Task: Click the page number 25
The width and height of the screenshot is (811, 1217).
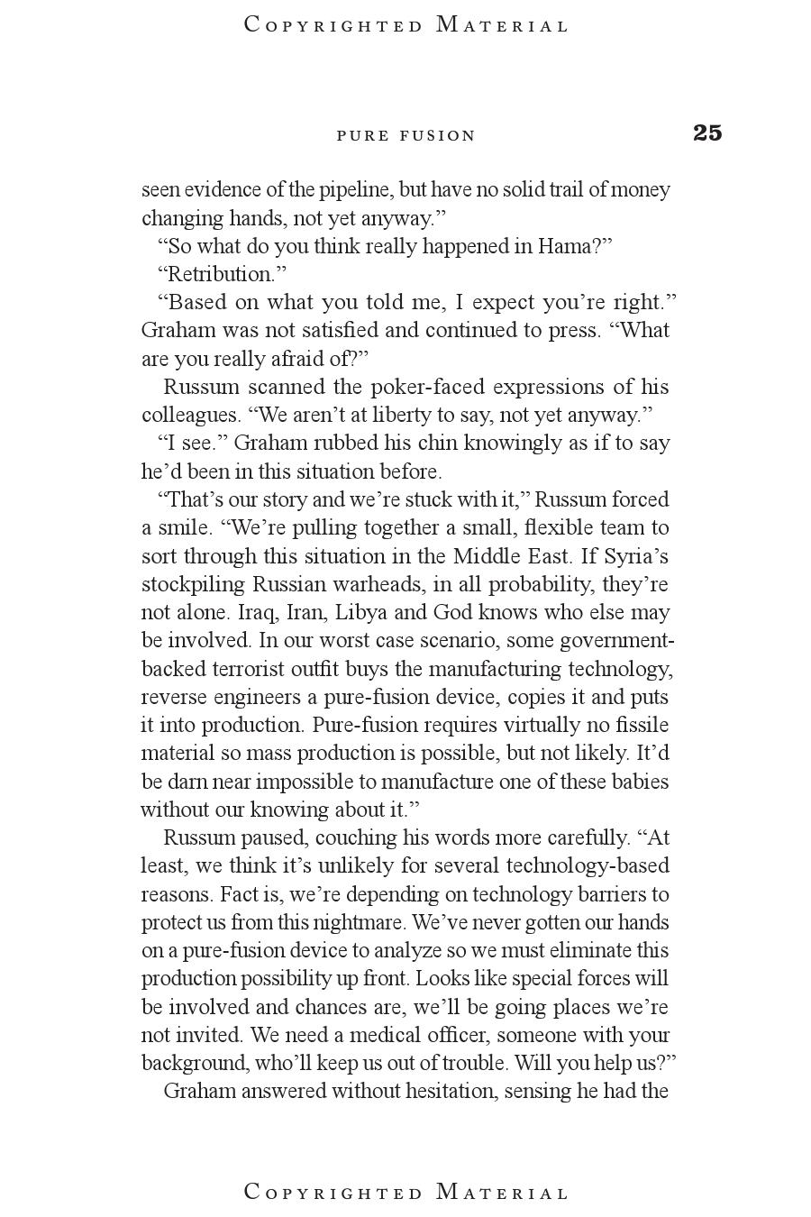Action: [x=707, y=133]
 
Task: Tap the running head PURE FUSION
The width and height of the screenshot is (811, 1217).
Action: [x=405, y=136]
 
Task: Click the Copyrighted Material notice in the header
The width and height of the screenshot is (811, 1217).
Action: [x=406, y=25]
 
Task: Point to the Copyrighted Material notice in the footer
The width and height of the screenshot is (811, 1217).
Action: [x=406, y=1192]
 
